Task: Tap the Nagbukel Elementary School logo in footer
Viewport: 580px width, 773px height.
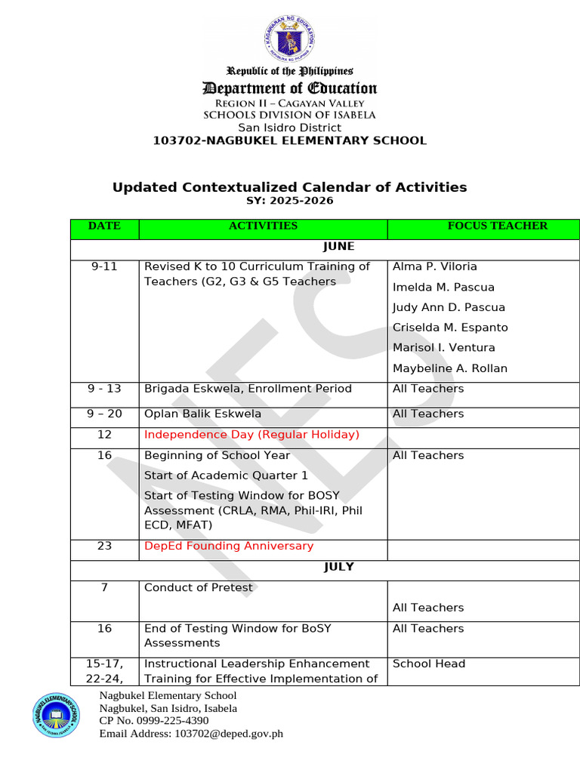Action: click(x=57, y=713)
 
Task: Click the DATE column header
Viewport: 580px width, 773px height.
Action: click(x=104, y=226)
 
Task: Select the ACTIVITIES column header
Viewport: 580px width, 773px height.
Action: click(x=263, y=226)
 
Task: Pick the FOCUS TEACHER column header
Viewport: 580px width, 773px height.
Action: click(x=497, y=226)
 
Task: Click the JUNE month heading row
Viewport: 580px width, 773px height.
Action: click(x=338, y=246)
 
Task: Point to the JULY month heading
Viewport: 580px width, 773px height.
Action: click(x=338, y=567)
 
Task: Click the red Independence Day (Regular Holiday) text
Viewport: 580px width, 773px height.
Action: click(x=251, y=434)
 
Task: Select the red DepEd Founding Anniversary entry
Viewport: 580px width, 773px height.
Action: click(x=228, y=546)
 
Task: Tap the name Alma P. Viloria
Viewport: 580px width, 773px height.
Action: click(x=434, y=266)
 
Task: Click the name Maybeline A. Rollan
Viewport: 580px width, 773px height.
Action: click(x=449, y=368)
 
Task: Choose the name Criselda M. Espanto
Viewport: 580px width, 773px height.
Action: click(x=449, y=328)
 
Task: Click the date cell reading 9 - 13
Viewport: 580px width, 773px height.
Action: click(x=104, y=389)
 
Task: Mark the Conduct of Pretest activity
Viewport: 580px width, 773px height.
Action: click(x=198, y=587)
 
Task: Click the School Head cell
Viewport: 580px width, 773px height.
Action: click(x=428, y=664)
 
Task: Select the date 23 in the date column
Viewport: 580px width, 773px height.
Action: click(x=104, y=546)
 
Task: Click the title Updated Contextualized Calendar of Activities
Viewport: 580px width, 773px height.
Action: click(x=289, y=187)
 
